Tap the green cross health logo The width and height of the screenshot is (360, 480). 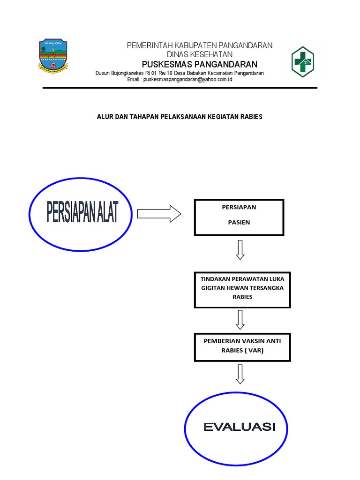point(302,62)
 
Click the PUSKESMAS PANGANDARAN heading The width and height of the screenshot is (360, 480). point(200,64)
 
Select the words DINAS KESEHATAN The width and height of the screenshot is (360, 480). point(200,54)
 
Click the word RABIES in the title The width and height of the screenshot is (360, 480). point(252,116)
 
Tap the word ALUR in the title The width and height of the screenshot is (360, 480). point(104,116)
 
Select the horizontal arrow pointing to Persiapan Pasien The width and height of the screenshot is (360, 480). point(159,214)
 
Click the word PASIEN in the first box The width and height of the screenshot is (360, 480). point(239,222)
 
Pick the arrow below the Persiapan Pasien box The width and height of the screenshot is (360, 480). point(240,250)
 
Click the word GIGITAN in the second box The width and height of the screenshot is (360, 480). point(214,288)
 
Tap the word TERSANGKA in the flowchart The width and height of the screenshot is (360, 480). point(264,288)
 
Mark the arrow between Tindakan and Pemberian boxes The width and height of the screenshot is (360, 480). point(240,320)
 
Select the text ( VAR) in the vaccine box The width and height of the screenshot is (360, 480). point(253,350)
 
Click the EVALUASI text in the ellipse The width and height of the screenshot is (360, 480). point(240,427)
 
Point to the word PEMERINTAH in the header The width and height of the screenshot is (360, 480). point(150,45)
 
